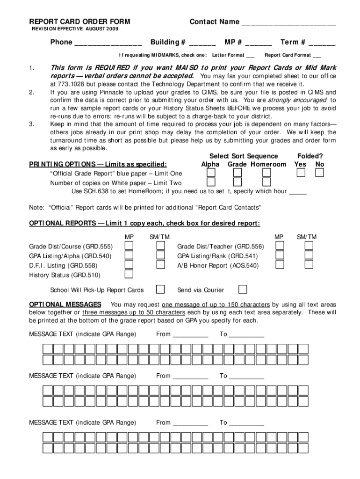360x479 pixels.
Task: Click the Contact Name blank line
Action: [x=288, y=22]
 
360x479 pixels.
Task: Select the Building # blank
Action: [x=202, y=43]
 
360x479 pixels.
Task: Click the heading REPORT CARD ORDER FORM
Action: [x=79, y=22]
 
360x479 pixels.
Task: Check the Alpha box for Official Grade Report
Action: [x=211, y=173]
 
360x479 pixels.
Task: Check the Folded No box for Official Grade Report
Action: [x=319, y=173]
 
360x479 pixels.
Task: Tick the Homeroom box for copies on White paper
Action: [x=266, y=182]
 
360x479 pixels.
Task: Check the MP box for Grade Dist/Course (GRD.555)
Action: [x=129, y=246]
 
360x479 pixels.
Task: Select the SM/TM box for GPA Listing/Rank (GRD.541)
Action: [x=309, y=255]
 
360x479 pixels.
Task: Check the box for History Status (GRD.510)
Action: [x=129, y=275]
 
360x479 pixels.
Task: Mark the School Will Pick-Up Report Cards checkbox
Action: [x=160, y=289]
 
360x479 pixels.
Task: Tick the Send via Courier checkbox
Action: [x=243, y=289]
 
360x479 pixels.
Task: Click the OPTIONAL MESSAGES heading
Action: [x=65, y=304]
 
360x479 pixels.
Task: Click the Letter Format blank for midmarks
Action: [x=250, y=55]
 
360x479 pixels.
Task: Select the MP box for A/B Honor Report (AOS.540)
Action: [x=280, y=265]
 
